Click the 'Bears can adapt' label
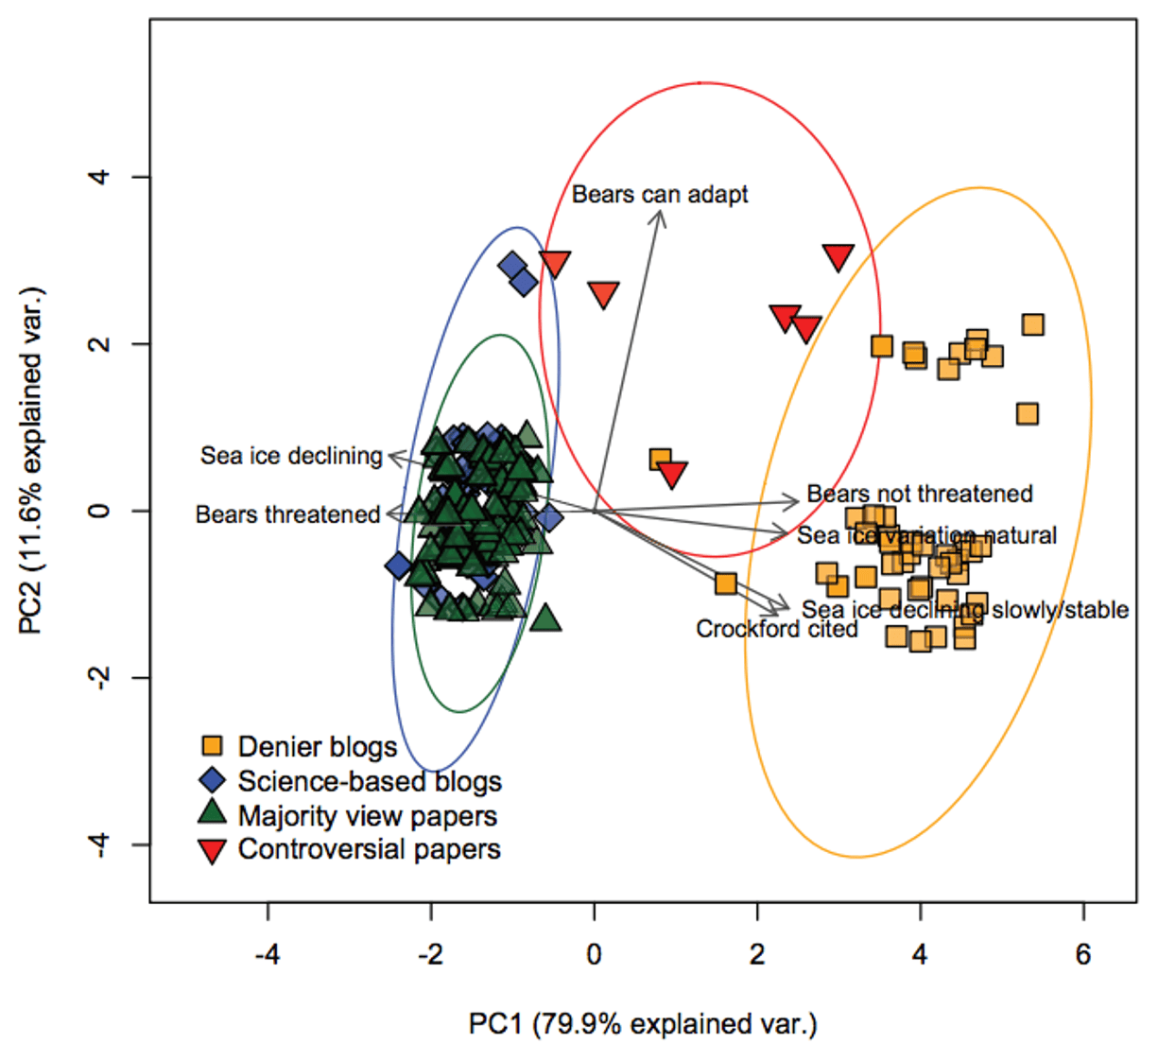[x=659, y=195]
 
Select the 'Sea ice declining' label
[x=291, y=456]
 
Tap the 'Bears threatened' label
[x=287, y=514]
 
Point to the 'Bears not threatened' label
[x=919, y=494]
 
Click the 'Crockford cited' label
[x=776, y=629]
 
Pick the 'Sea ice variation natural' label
[x=926, y=536]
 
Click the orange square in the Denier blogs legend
[x=214, y=745]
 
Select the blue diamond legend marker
[x=214, y=780]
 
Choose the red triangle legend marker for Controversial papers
[x=214, y=850]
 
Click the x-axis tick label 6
[x=1082, y=955]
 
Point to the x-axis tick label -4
[x=268, y=955]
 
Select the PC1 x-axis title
[x=643, y=1024]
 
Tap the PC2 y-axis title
[x=34, y=461]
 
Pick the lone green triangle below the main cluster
[x=545, y=619]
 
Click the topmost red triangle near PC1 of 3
[x=838, y=255]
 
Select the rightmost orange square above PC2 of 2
[x=1032, y=324]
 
